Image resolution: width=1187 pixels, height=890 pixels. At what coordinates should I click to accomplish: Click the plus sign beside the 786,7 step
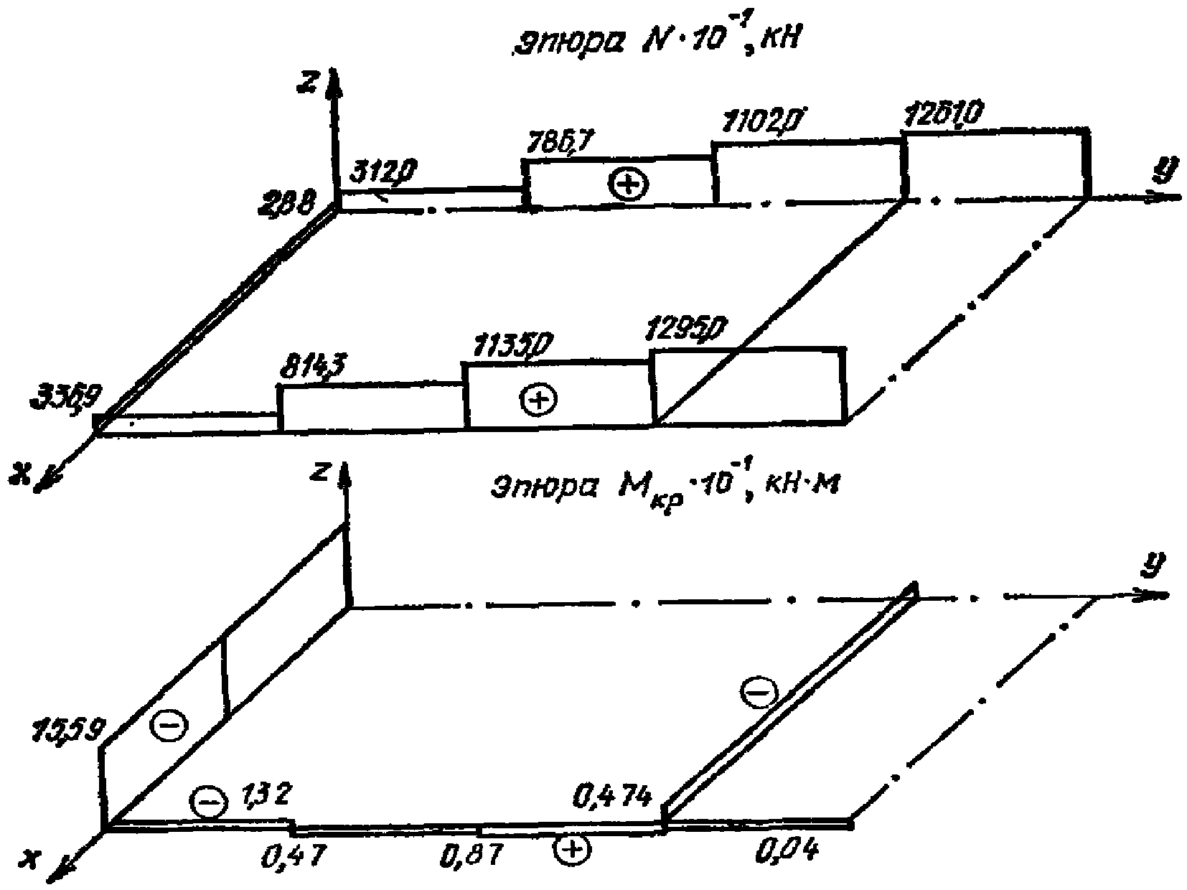click(628, 185)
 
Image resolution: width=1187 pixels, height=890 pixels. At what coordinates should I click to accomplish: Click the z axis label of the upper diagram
click(309, 83)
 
